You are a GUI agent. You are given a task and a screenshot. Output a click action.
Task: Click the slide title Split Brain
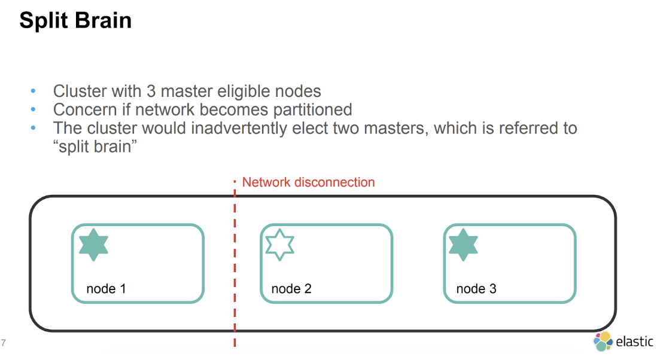click(75, 21)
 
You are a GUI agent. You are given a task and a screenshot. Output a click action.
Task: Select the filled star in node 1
click(93, 246)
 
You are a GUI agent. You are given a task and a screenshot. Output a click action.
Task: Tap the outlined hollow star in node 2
click(279, 246)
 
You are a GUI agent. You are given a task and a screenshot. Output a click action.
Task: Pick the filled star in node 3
click(463, 246)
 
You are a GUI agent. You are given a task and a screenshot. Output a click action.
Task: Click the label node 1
click(106, 289)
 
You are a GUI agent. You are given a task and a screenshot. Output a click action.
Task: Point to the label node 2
click(291, 289)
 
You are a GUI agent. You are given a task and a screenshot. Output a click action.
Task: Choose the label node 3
click(476, 289)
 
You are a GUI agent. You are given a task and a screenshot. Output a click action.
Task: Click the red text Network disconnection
click(308, 182)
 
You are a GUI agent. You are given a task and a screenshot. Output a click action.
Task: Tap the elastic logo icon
click(603, 341)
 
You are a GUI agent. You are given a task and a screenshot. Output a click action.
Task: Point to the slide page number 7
click(4, 343)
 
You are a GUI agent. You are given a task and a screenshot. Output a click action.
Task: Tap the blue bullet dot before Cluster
click(34, 91)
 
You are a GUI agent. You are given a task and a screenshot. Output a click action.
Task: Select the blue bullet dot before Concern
click(34, 110)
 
